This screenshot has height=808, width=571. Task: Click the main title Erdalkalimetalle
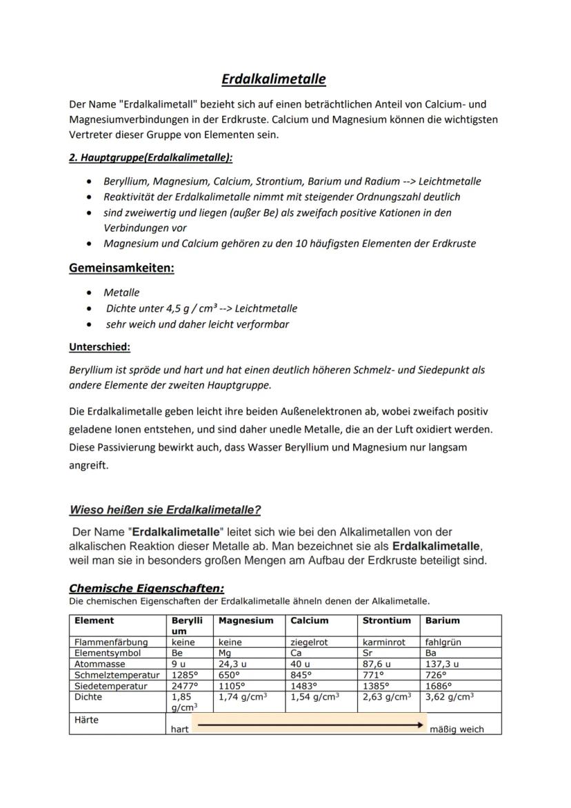274,79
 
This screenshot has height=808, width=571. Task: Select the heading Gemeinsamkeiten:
121,268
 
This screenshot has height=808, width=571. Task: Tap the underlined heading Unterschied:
99,346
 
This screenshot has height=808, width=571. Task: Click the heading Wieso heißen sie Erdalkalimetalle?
165,510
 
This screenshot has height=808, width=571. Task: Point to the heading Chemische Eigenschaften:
146,589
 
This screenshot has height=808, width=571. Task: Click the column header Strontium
386,620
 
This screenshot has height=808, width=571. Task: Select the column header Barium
442,620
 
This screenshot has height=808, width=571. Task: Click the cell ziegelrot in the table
309,642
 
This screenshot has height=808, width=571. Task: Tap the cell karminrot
384,642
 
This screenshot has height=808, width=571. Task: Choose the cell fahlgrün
443,642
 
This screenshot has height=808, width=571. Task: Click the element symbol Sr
368,652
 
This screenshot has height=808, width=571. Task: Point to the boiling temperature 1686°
440,686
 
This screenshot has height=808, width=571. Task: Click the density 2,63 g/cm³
386,697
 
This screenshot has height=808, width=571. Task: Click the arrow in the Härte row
309,725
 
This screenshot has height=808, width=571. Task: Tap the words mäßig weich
457,729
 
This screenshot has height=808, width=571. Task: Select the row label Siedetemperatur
106,686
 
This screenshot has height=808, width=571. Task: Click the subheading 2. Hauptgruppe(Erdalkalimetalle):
150,158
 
